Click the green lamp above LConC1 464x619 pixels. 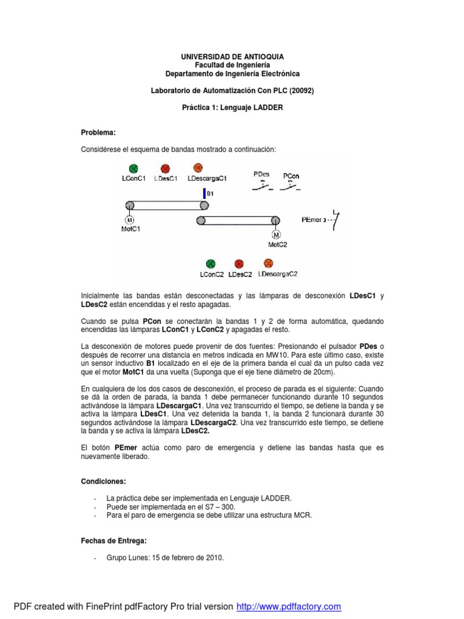point(134,168)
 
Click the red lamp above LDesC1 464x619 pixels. point(165,169)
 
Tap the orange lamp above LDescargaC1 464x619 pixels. point(197,167)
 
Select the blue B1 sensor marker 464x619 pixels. point(204,194)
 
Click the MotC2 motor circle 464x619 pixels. point(276,234)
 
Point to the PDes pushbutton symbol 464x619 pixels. point(263,184)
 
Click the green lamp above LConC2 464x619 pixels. point(211,264)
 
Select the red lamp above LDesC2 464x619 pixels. point(239,264)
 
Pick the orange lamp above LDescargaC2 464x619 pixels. point(268,263)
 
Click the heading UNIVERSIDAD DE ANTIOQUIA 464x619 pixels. point(232,56)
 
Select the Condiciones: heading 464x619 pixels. point(103,481)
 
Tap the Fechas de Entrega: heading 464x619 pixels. point(114,540)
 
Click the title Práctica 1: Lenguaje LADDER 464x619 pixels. point(232,108)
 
